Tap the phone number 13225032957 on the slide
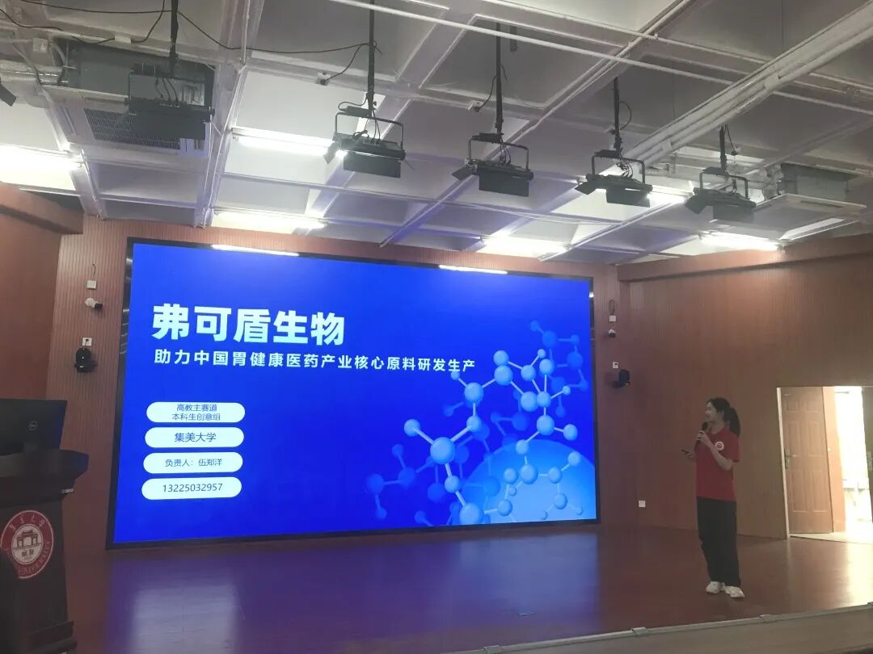[192, 488]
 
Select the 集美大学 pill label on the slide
[194, 438]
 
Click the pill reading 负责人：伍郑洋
[193, 463]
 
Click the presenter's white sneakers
[724, 589]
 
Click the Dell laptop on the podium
[32, 426]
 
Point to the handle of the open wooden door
[788, 459]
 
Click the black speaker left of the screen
[85, 358]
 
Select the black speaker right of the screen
[621, 378]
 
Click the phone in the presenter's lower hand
[687, 451]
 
